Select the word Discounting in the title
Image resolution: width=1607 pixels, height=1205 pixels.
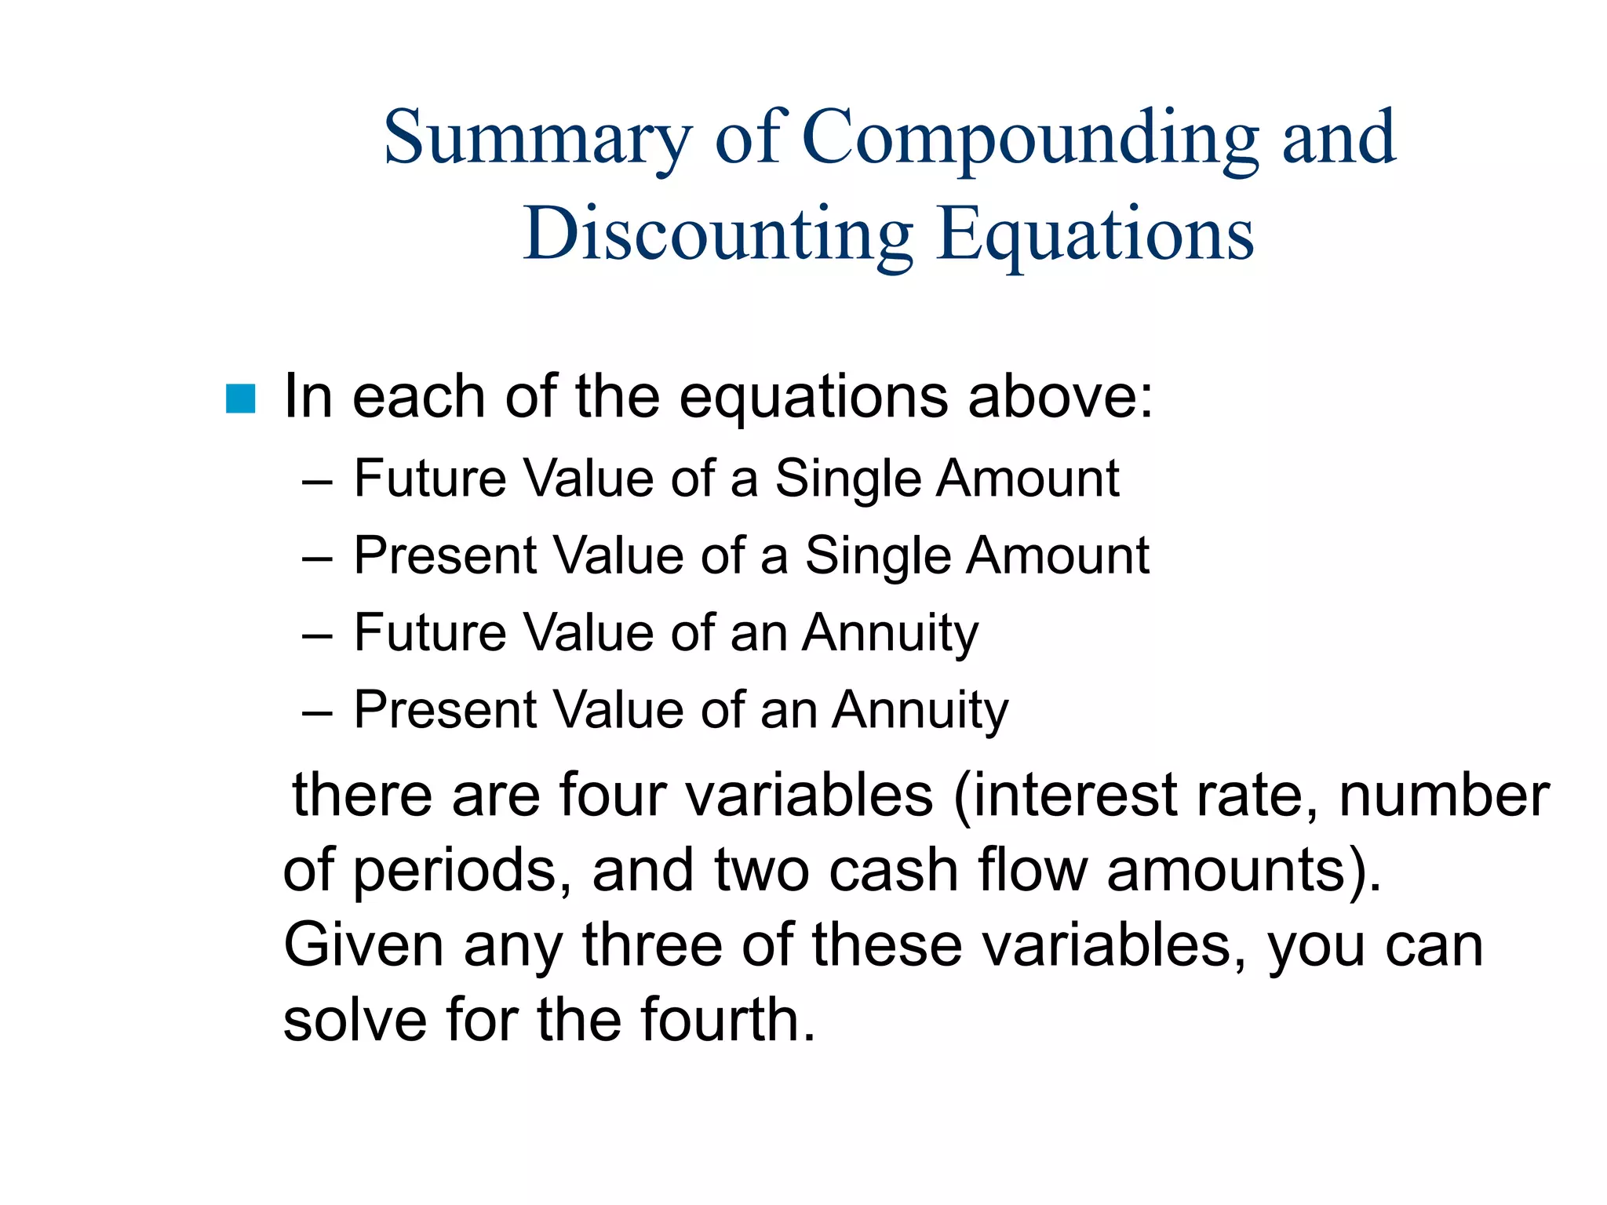point(718,235)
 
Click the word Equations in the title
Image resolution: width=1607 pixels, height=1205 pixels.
point(1095,235)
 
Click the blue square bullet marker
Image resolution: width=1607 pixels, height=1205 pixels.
point(240,399)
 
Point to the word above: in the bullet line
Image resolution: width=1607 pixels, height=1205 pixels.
point(1060,396)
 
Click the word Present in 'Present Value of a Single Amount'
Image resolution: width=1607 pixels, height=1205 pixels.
point(445,555)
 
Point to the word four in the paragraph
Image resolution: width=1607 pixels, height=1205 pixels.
point(612,795)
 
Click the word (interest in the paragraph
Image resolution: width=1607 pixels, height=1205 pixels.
point(1064,795)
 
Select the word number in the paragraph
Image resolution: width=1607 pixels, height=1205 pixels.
point(1444,795)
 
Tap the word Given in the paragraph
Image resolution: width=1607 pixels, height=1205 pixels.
point(363,945)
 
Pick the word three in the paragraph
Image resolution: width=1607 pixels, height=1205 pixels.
point(652,945)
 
